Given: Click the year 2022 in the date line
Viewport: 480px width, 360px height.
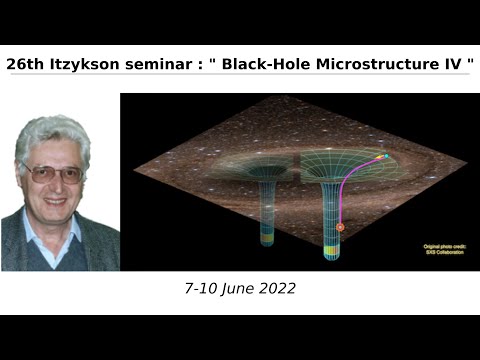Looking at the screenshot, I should click(275, 288).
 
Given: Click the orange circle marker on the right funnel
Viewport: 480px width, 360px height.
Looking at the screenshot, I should click(340, 227).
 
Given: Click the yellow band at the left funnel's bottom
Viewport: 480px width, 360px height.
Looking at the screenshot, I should click(267, 240).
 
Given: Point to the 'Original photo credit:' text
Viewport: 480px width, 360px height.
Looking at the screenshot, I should click(437, 245).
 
